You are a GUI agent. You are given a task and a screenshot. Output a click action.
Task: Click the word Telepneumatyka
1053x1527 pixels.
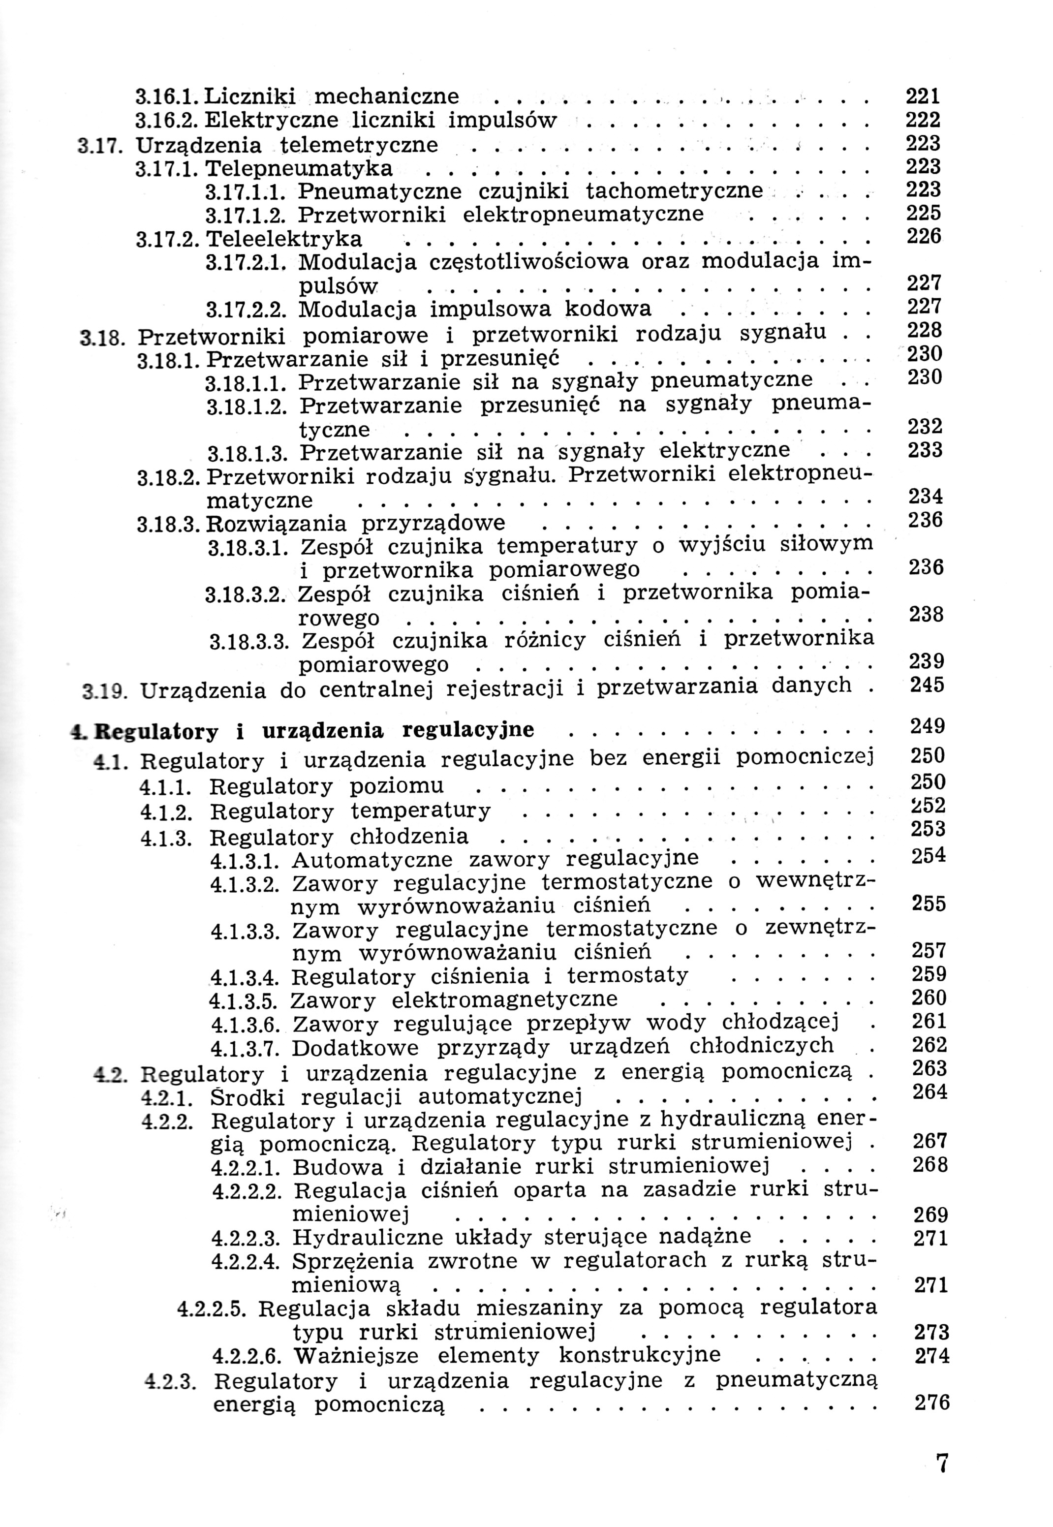(300, 169)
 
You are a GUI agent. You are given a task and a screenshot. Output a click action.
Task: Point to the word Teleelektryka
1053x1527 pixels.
(284, 238)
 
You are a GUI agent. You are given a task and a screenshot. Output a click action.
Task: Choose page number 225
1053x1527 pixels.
(924, 213)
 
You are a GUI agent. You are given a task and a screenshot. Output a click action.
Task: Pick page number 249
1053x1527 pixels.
(927, 726)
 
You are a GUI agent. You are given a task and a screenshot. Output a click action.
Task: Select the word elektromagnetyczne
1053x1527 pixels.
(505, 1000)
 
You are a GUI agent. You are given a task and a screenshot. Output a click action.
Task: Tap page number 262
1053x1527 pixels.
(929, 1045)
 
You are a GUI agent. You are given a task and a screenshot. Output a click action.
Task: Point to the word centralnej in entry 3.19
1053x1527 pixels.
(376, 689)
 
